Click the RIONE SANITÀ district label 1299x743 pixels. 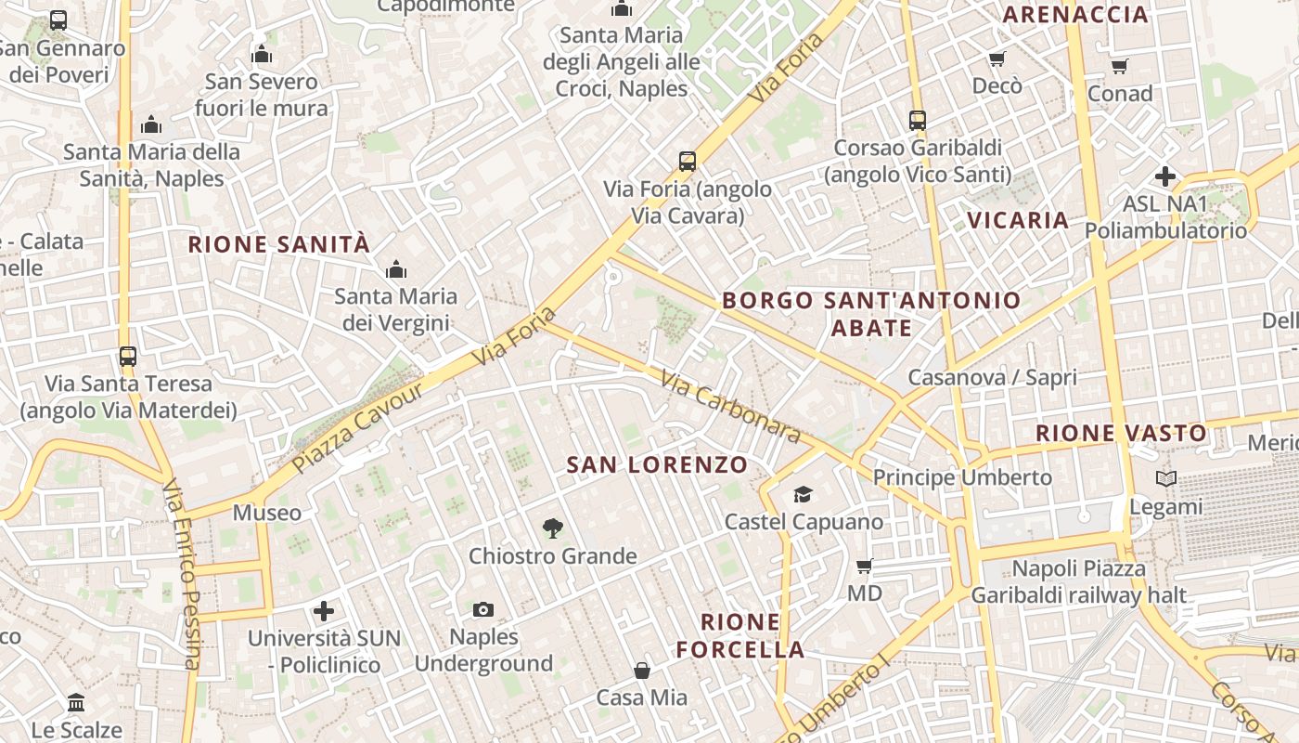(x=279, y=244)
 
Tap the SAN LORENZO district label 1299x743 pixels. (x=657, y=464)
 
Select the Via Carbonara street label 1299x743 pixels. (x=731, y=407)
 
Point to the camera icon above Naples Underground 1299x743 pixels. (x=482, y=610)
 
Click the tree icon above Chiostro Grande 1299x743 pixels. (x=552, y=528)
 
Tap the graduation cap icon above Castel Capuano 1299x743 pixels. (x=803, y=494)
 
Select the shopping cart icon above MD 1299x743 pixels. (x=864, y=566)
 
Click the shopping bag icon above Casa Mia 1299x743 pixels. (x=641, y=670)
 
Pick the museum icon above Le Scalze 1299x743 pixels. (x=76, y=702)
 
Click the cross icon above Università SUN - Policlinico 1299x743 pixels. (x=323, y=611)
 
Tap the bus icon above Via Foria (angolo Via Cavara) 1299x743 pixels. (x=687, y=162)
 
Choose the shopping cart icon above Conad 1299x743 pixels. (x=1119, y=66)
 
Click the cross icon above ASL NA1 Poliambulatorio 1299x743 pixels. (x=1165, y=176)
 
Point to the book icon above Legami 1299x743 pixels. (x=1166, y=479)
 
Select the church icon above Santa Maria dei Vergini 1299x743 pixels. (x=396, y=269)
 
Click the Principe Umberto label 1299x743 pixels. (x=962, y=477)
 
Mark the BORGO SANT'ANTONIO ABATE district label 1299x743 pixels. (x=871, y=314)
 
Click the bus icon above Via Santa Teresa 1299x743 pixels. (x=128, y=356)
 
